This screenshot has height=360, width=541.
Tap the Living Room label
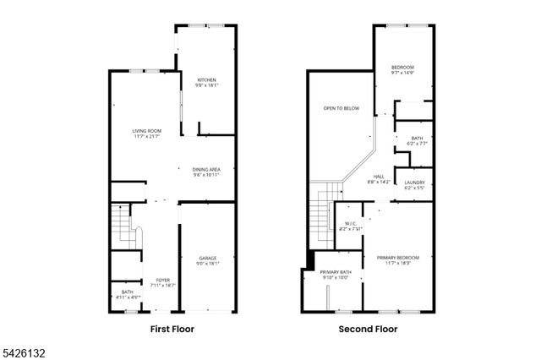(x=146, y=131)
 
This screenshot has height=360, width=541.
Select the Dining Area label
(x=206, y=170)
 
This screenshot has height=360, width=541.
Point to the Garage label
(x=208, y=258)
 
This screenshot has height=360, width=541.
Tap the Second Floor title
(x=369, y=329)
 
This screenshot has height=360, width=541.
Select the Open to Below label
(x=341, y=108)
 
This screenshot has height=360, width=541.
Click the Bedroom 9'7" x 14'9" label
(x=402, y=67)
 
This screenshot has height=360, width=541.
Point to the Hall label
(x=378, y=176)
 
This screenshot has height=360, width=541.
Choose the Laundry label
(x=414, y=183)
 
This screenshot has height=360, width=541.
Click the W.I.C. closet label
(x=350, y=224)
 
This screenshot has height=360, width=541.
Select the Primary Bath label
(x=335, y=272)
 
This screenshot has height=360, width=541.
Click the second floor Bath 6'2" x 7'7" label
(x=417, y=139)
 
